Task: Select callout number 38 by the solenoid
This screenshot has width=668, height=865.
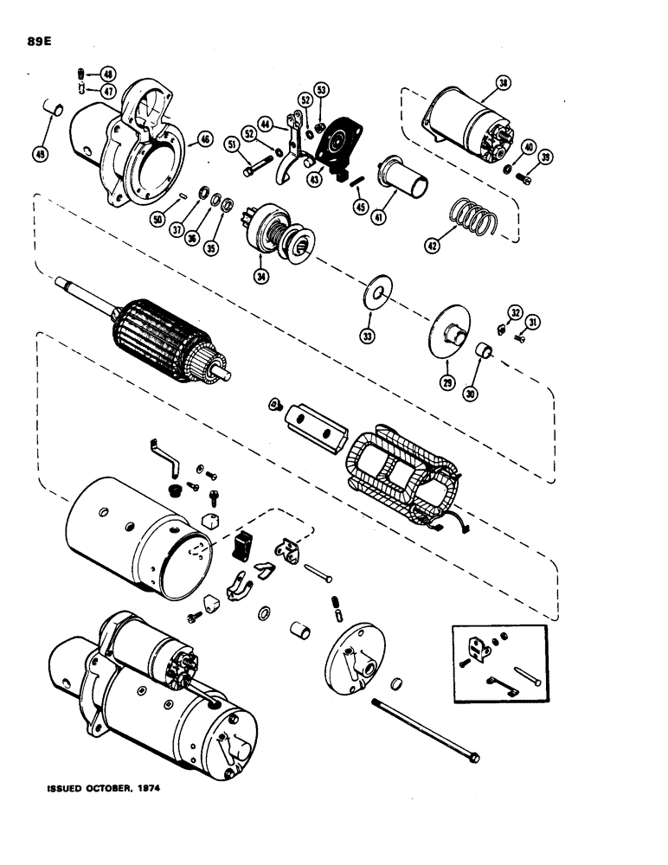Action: tap(503, 83)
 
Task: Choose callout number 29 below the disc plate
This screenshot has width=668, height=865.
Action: tap(448, 381)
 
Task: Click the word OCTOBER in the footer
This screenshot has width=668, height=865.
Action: tap(112, 789)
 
